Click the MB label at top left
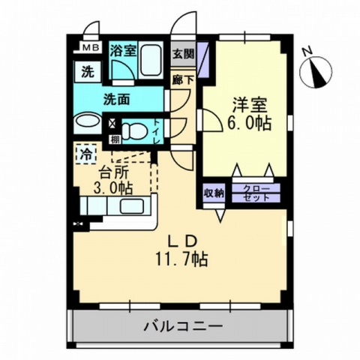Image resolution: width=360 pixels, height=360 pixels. [89, 49]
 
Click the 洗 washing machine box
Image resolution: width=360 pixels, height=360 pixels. [88, 73]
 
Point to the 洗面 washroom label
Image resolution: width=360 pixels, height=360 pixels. [118, 97]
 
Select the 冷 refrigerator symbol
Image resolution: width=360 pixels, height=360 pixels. [85, 154]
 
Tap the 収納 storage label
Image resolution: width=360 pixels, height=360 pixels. [214, 193]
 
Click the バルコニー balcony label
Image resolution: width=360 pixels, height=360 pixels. [181, 327]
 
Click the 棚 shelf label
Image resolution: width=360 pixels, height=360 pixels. [114, 139]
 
